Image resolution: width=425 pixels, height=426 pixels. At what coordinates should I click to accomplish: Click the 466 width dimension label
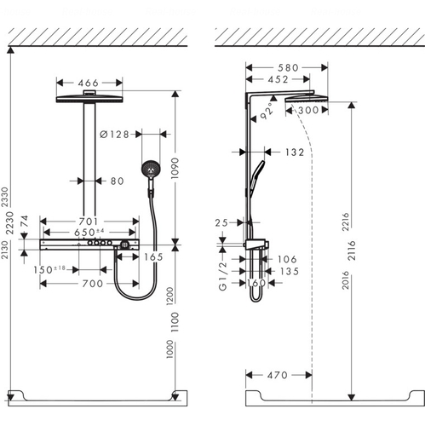tap(89, 83)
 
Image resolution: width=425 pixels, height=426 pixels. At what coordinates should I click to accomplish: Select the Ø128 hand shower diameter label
tap(114, 134)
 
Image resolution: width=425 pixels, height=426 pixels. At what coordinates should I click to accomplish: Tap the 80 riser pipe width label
tap(118, 181)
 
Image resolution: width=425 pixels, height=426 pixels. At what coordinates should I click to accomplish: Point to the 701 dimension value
tap(89, 222)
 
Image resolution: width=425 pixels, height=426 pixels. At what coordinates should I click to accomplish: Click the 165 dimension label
tap(153, 257)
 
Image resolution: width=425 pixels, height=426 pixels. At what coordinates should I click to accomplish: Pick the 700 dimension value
tap(93, 284)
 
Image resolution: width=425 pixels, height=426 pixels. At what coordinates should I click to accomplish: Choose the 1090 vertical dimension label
tap(175, 169)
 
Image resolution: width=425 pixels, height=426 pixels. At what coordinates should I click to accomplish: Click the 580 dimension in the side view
tap(288, 67)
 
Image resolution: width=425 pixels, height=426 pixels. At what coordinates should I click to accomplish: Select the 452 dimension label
tap(278, 79)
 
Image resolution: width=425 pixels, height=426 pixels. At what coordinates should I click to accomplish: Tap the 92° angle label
tap(266, 111)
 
